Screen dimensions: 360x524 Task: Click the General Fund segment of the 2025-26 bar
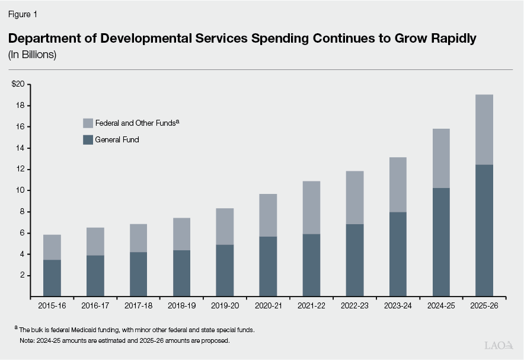point(484,230)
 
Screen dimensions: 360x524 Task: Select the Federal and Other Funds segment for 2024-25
point(440,158)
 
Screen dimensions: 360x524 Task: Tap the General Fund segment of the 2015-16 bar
point(52,278)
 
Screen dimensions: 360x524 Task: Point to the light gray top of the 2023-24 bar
point(397,184)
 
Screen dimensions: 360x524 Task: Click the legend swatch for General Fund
point(88,140)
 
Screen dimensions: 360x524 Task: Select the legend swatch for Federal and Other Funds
point(88,123)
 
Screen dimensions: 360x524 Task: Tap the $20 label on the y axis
point(18,84)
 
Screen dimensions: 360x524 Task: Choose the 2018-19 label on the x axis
point(181,307)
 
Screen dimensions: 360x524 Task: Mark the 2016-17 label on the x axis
point(95,307)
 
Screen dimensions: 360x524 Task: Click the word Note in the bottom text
point(26,341)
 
